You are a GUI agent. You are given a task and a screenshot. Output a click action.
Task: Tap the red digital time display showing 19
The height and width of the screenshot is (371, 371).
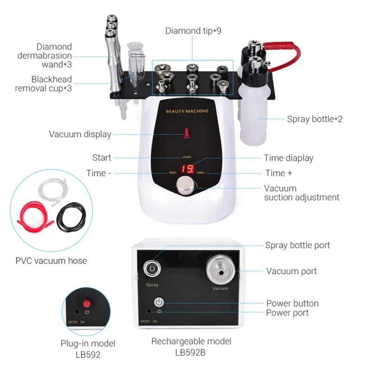tap(187, 169)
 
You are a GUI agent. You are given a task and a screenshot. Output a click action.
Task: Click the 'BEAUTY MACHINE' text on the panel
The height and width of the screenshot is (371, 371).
tap(187, 111)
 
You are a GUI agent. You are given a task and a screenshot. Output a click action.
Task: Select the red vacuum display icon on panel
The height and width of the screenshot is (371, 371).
tap(187, 134)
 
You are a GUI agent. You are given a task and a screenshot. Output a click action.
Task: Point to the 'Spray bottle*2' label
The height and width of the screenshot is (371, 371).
tap(314, 119)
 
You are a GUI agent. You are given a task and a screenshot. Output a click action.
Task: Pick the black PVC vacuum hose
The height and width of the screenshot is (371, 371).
tap(70, 217)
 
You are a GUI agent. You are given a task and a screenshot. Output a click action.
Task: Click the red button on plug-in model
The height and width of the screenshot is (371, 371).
tap(86, 303)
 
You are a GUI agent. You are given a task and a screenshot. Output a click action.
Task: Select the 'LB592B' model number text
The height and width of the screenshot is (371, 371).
tap(191, 352)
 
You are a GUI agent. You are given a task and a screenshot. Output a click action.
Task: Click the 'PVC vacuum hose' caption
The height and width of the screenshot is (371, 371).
tap(51, 261)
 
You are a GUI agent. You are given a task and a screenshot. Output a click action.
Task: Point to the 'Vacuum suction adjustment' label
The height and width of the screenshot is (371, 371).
tap(301, 193)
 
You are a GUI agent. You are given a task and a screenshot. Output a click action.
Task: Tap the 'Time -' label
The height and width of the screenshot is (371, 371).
tap(99, 173)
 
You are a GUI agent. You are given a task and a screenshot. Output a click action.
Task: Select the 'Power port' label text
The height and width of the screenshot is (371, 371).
tap(287, 313)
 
